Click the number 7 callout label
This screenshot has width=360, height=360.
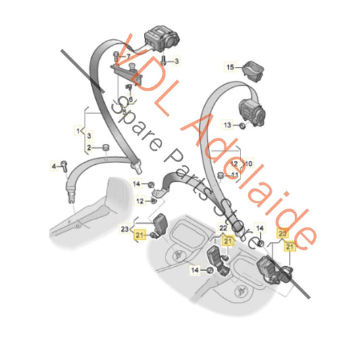click(x=129, y=55)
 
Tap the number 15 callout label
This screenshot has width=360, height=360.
click(x=229, y=68)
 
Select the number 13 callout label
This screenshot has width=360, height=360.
click(x=228, y=126)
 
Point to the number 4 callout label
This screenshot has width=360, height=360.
click(x=55, y=165)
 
